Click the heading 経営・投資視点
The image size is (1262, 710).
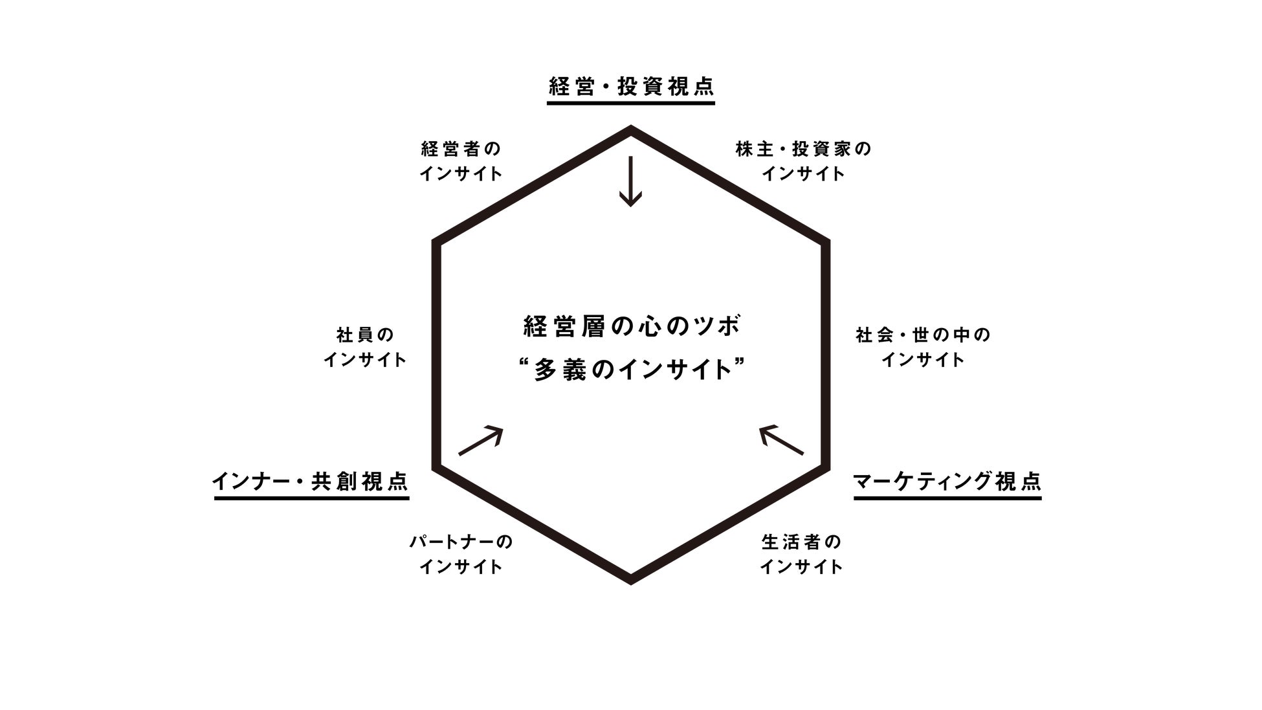point(631,87)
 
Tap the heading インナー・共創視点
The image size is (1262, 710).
point(311,482)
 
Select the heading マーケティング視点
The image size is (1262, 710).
point(947,482)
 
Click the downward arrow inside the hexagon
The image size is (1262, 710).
point(630,181)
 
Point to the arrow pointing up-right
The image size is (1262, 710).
point(480,441)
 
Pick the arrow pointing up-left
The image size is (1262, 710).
point(781,440)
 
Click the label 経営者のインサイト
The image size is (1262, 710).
point(461,161)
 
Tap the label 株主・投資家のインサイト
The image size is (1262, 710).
point(803,161)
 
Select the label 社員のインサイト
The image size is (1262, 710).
point(365,347)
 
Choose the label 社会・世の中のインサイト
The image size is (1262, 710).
point(923,347)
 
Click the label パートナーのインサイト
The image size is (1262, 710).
point(461,554)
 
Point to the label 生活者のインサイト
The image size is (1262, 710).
point(801,554)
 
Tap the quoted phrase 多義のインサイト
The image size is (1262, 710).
point(631,370)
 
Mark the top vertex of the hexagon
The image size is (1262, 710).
point(631,129)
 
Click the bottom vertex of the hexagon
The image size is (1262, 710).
point(631,581)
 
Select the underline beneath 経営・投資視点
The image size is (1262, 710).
point(631,102)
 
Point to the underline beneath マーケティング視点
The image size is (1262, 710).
point(947,498)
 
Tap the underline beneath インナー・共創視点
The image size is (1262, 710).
point(311,498)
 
